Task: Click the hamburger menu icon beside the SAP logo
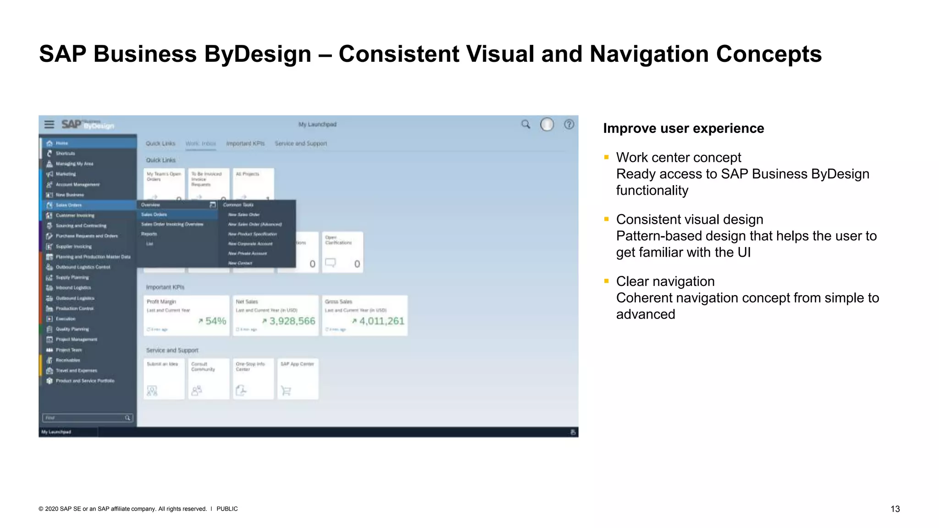point(49,124)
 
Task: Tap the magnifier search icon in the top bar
point(525,124)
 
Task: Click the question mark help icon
point(569,124)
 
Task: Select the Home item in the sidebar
point(62,143)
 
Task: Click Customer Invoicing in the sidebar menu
point(75,215)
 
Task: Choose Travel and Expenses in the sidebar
point(76,370)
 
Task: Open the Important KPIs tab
point(245,143)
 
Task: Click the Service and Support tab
point(301,143)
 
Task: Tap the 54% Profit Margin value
point(215,321)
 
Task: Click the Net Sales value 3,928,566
point(292,321)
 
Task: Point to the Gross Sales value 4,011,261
point(381,321)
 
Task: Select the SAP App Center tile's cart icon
point(286,390)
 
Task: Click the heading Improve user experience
point(683,128)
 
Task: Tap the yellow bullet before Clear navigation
point(606,281)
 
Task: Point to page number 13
point(895,509)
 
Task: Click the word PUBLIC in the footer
point(227,509)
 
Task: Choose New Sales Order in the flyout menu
point(244,214)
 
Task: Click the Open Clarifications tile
point(342,252)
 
